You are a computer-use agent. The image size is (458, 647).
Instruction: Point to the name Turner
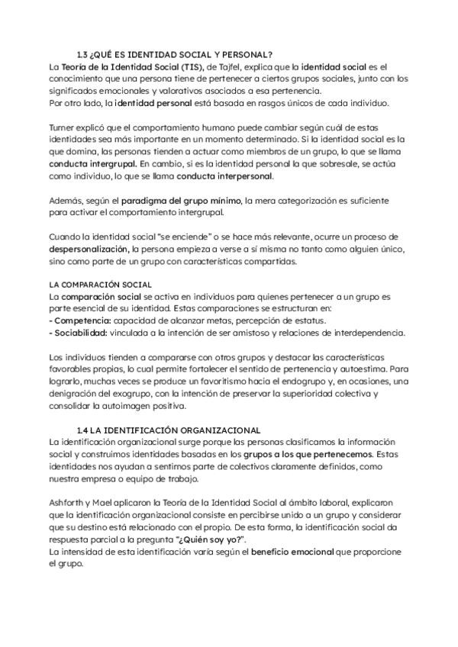62,129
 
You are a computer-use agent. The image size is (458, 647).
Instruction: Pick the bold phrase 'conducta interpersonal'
224,175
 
